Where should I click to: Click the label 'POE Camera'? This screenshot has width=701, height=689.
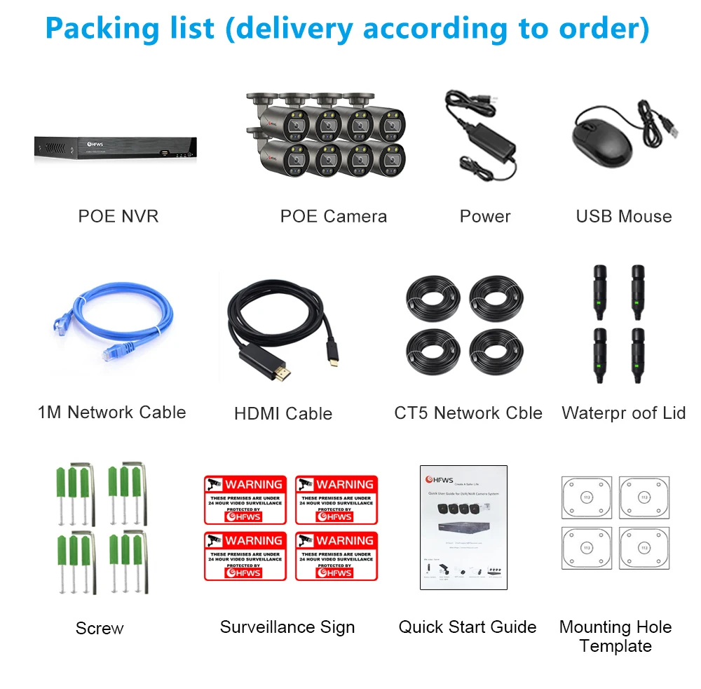click(333, 216)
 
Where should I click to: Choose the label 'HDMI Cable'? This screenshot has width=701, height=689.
click(283, 413)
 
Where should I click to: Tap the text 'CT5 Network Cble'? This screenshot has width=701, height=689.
click(468, 413)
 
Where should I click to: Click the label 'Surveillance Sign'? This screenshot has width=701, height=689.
click(287, 627)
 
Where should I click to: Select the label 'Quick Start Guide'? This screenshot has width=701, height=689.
click(467, 627)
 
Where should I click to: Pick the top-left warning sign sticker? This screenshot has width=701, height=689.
click(245, 500)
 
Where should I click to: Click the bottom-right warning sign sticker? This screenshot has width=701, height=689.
click(336, 556)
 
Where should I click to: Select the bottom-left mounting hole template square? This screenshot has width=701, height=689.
click(586, 548)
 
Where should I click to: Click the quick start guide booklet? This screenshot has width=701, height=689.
click(463, 527)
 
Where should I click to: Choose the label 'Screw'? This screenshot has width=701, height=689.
click(100, 628)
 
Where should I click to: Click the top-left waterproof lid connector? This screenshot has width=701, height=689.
click(600, 288)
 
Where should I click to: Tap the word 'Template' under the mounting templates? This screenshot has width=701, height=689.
click(615, 645)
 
